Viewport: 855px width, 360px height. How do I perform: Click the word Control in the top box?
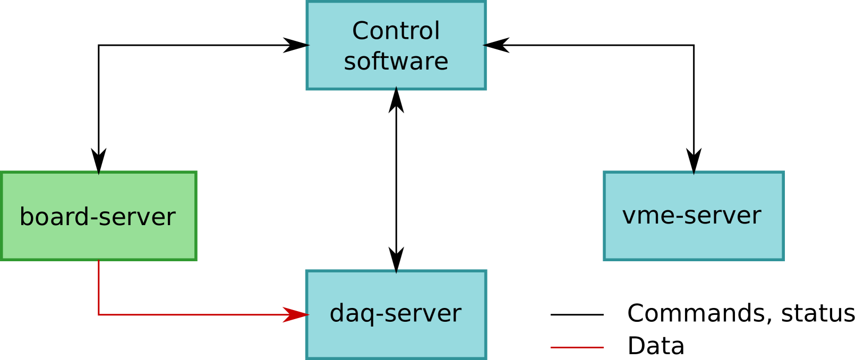pyautogui.click(x=396, y=31)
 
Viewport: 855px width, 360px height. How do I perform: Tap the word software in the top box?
pyautogui.click(x=396, y=62)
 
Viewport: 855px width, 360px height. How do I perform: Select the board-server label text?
pyautogui.click(x=97, y=217)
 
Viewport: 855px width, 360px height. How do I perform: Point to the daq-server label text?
pyautogui.click(x=395, y=313)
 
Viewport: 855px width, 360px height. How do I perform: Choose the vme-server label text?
pyautogui.click(x=691, y=216)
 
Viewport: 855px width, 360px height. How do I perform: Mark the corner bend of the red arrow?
pyautogui.click(x=99, y=315)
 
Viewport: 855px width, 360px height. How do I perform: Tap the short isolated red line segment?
pyautogui.click(x=577, y=347)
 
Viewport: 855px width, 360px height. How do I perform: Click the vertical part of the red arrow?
pyautogui.click(x=99, y=287)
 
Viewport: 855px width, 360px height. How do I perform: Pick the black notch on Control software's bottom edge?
pyautogui.click(x=396, y=89)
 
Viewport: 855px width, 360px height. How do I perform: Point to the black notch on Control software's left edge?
pyautogui.click(x=307, y=46)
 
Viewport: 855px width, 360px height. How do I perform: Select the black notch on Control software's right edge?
pyautogui.click(x=485, y=46)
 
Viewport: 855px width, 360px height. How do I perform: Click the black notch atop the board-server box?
pyautogui.click(x=99, y=173)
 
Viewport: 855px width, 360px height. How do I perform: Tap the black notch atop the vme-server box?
pyautogui.click(x=694, y=173)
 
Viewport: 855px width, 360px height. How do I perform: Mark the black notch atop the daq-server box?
pyautogui.click(x=396, y=271)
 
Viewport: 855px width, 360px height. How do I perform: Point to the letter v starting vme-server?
pyautogui.click(x=629, y=216)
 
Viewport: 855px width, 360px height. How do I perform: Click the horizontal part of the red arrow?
pyautogui.click(x=191, y=315)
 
